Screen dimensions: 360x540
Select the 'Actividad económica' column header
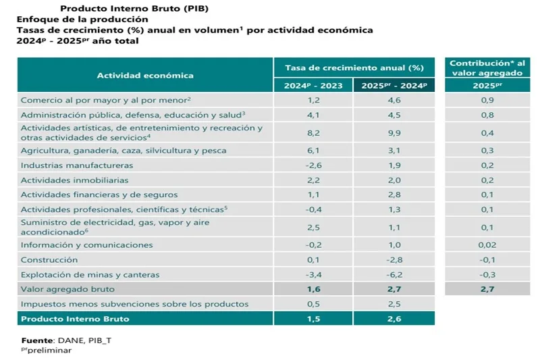[145, 76]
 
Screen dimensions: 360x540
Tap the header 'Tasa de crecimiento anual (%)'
[354, 68]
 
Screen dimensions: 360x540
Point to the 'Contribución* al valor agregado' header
[487, 68]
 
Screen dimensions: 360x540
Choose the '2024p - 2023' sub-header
[313, 86]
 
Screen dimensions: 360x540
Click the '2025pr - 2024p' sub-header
[394, 86]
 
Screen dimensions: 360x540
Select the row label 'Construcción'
[49, 260]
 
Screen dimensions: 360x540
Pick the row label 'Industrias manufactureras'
[76, 165]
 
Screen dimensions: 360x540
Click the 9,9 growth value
[394, 133]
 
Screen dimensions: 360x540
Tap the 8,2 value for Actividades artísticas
[313, 133]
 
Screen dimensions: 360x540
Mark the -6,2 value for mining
[394, 274]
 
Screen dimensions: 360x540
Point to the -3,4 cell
[313, 274]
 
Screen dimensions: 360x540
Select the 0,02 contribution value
[486, 245]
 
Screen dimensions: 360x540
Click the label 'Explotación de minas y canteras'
[90, 274]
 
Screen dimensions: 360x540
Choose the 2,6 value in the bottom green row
[394, 318]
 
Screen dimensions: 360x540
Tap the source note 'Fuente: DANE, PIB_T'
[65, 340]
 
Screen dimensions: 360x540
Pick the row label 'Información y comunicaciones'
[86, 245]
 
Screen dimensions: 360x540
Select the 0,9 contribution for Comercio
[486, 100]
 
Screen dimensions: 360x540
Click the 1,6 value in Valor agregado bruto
[313, 289]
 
